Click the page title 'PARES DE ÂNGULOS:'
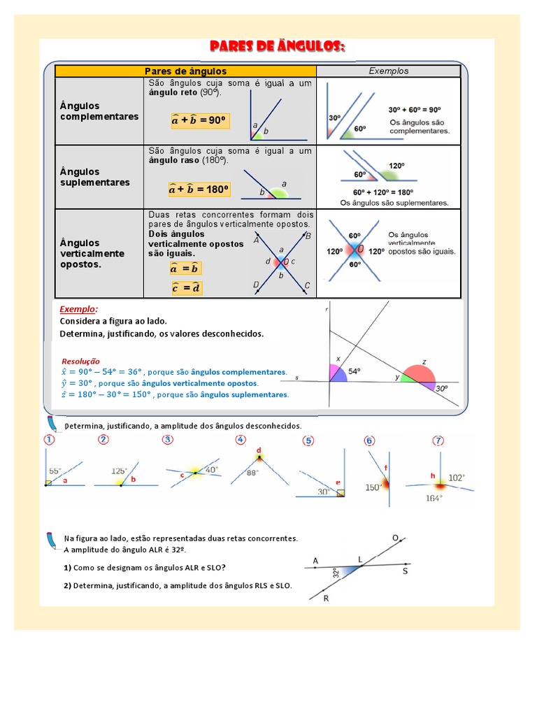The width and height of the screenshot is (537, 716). coord(278,47)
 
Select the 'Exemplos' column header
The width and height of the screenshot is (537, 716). coord(388,71)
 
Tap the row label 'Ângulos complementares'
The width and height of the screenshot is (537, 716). coord(99,111)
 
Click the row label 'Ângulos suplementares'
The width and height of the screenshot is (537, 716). coord(95,177)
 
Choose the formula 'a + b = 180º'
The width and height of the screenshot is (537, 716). coord(199,189)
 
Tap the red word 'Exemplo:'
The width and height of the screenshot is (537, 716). coord(79,308)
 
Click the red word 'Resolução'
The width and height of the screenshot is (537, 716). coord(81,361)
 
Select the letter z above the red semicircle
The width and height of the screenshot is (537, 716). coord(424,362)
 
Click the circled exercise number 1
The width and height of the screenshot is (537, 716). coord(50,441)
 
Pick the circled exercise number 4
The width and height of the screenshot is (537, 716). coord(241,440)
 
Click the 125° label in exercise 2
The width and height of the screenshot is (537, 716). coord(120,471)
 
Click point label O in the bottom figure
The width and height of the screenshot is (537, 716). coord(395,538)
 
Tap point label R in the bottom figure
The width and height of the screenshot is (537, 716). coord(326,599)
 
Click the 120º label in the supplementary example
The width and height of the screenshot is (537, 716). coord(397,166)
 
